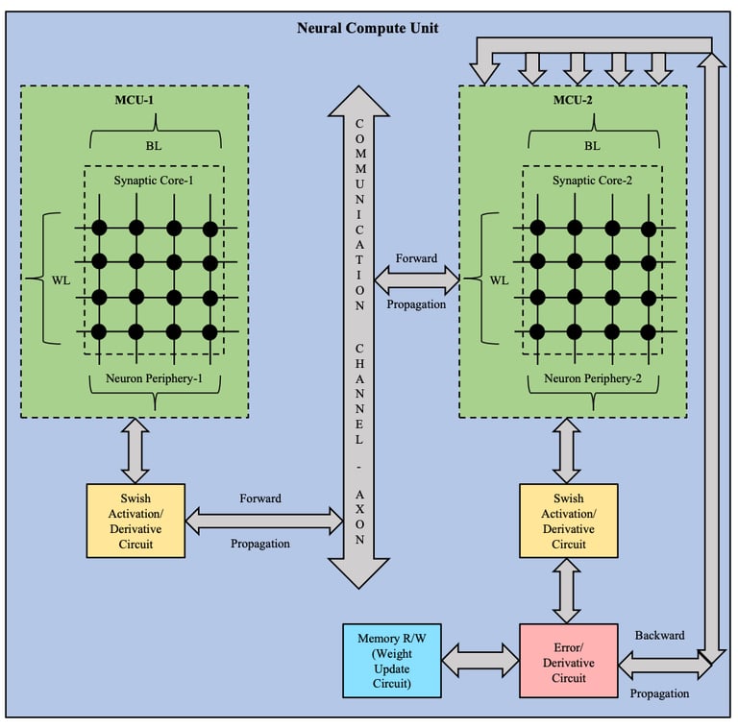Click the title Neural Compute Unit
pyautogui.click(x=368, y=28)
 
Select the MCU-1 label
pyautogui.click(x=135, y=101)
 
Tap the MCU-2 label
pyautogui.click(x=574, y=101)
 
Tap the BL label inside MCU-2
pyautogui.click(x=592, y=146)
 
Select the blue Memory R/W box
pyautogui.click(x=391, y=660)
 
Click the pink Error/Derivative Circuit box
pyautogui.click(x=568, y=660)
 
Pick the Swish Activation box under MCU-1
pyautogui.click(x=135, y=520)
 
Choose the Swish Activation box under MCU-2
pyautogui.click(x=568, y=520)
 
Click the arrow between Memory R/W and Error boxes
pyautogui.click(x=480, y=660)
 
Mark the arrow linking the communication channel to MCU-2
pyautogui.click(x=416, y=279)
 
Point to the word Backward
pyautogui.click(x=659, y=635)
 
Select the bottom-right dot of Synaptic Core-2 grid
pyautogui.click(x=649, y=331)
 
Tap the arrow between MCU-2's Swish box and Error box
pyautogui.click(x=568, y=591)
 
